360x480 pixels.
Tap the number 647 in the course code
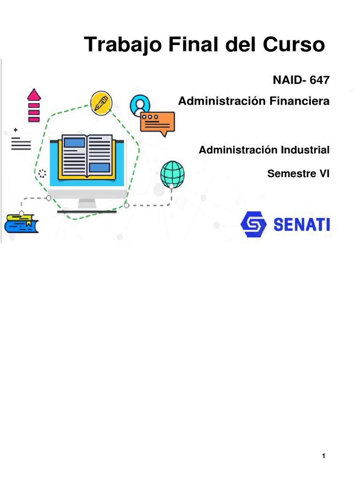click(x=320, y=80)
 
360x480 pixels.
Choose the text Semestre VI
click(x=298, y=173)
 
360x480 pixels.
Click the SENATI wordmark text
click(x=301, y=225)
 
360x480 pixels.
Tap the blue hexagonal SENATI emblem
click(x=253, y=225)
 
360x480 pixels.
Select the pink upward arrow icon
click(x=34, y=105)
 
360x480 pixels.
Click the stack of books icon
click(x=21, y=224)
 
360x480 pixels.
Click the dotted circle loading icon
click(x=42, y=173)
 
